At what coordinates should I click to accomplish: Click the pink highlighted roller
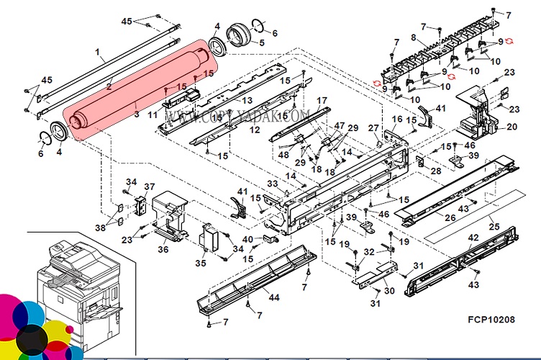coord(137,89)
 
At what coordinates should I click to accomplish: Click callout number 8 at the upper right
coord(414,37)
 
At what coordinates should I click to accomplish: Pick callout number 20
coord(512,127)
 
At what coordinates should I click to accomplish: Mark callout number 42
coord(473,238)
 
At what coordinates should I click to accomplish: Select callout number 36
coord(163,249)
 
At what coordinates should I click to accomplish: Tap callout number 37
coord(150,187)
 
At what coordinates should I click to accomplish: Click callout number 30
coord(388,290)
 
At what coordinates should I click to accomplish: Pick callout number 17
coord(322,100)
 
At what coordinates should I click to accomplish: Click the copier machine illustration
coord(72,288)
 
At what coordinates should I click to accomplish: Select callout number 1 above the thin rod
coord(99,53)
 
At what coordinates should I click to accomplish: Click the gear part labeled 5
coord(237,35)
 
